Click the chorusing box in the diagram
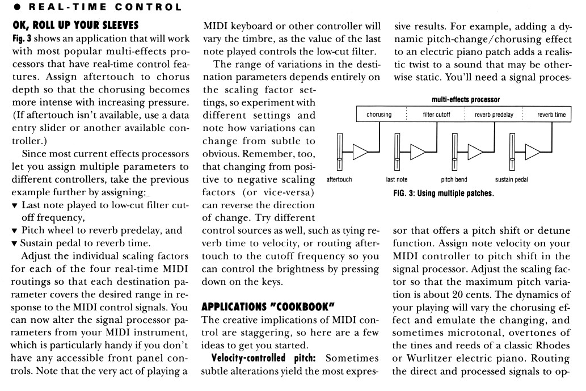379,115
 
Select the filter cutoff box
437,115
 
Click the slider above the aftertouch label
340,152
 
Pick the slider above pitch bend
455,152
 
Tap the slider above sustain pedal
512,152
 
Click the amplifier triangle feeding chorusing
360,152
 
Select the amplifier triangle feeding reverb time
533,152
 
